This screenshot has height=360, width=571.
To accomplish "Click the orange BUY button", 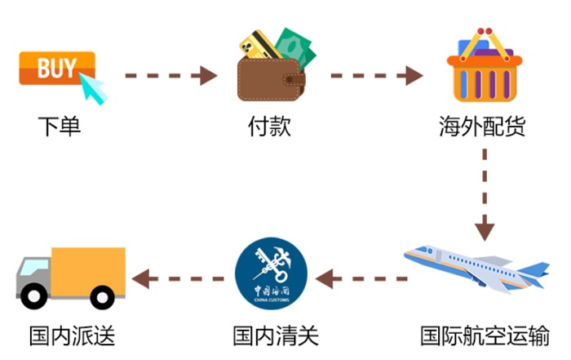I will tap(55, 67).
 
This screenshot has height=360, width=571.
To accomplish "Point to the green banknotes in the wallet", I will tap(295, 46).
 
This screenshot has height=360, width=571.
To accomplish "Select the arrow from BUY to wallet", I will tap(170, 77).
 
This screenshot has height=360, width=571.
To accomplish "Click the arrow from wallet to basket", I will tap(376, 77).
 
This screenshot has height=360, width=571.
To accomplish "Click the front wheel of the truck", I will tap(34, 296).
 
